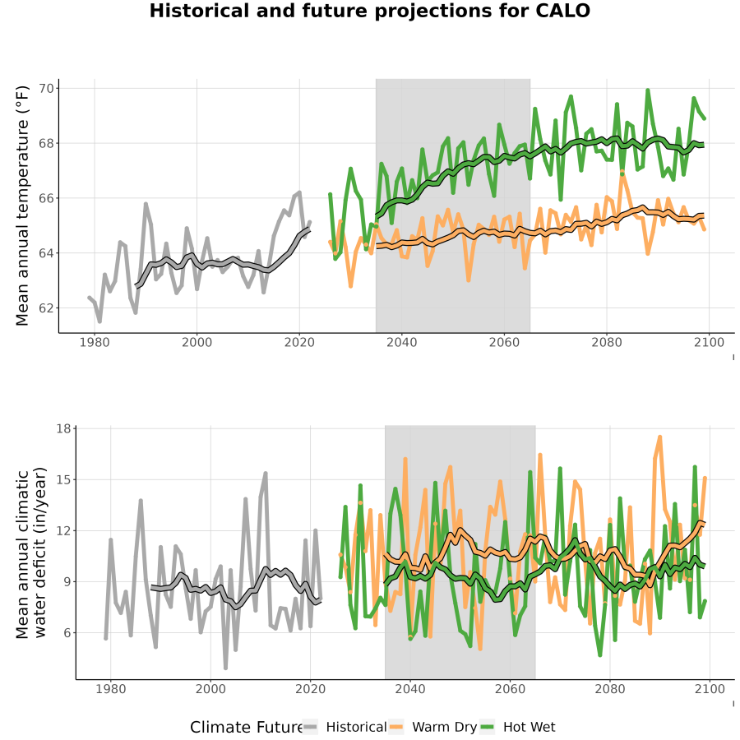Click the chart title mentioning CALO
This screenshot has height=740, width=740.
pos(369,11)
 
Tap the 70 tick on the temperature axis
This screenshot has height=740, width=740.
pos(49,88)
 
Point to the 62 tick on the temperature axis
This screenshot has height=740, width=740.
pos(49,308)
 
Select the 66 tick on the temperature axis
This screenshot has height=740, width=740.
pos(49,198)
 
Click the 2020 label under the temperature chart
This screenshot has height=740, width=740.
pos(299,342)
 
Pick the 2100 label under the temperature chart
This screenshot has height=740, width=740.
pos(709,342)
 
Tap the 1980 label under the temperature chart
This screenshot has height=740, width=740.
pos(95,342)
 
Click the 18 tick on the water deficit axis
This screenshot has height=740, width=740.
pos(63,428)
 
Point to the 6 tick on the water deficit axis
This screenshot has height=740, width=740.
pos(67,633)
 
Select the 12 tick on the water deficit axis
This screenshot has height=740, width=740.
pos(63,530)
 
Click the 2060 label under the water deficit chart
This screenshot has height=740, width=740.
pos(510,689)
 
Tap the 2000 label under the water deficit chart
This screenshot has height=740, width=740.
pos(210,689)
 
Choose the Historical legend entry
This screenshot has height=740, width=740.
pos(345,727)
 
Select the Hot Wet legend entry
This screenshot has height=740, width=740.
pos(518,727)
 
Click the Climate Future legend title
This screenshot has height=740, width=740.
pos(246,728)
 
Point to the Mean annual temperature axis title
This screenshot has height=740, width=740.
pos(22,206)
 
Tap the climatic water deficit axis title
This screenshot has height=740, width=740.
pos(31,553)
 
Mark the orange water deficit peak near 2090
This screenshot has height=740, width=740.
pos(659,437)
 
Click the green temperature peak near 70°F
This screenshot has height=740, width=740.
pos(648,90)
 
